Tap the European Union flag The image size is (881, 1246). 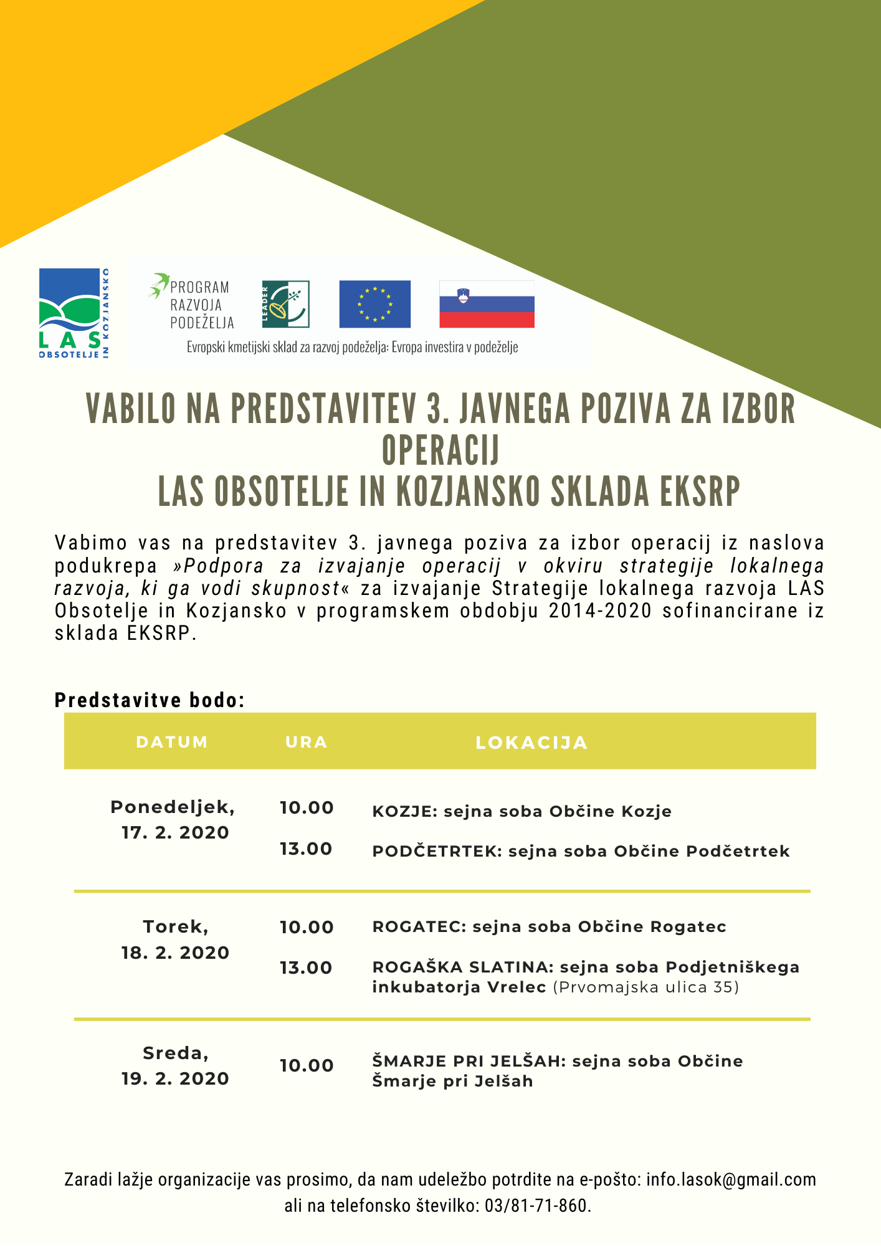[374, 304]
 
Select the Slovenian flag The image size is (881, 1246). [487, 304]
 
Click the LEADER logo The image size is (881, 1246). [285, 304]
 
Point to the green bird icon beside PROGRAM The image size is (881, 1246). [159, 285]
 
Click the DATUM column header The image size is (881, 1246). [172, 742]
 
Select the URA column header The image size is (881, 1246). [306, 742]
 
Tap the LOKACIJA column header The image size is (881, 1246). [531, 743]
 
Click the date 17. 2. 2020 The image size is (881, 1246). [175, 833]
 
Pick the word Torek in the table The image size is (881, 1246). [175, 927]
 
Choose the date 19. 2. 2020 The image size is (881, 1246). [175, 1079]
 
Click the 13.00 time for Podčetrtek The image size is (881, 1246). [306, 849]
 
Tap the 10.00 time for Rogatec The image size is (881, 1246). [307, 928]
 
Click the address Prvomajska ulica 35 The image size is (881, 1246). [645, 987]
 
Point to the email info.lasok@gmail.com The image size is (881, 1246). [731, 1180]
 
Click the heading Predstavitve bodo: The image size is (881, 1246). [150, 700]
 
